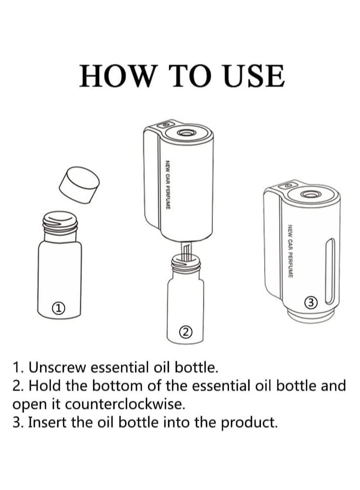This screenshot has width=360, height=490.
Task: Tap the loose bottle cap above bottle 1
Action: coord(79,185)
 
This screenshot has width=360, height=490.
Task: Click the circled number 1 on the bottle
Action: coord(58,308)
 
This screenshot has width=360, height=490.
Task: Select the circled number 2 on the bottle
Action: coord(185,332)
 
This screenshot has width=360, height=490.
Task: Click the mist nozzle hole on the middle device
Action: coord(184,133)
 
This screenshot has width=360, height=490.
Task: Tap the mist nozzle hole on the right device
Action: coord(309,194)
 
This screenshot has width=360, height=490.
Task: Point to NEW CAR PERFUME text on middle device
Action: coord(168,185)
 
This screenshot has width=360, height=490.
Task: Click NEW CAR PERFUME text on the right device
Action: coord(290,251)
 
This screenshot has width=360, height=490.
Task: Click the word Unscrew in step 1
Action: coord(57,368)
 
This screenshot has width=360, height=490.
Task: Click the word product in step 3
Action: coord(249,423)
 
